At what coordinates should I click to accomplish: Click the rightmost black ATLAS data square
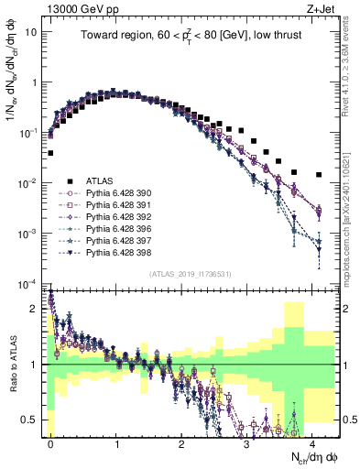point(318,174)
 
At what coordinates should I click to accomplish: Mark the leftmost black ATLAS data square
point(50,153)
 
